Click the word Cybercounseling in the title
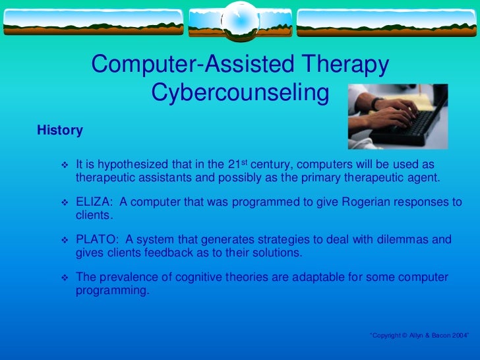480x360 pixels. [240, 94]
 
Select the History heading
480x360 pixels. [60, 131]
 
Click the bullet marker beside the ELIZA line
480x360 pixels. [65, 203]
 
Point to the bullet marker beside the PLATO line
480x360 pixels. [65, 241]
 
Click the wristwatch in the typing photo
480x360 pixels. [377, 104]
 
